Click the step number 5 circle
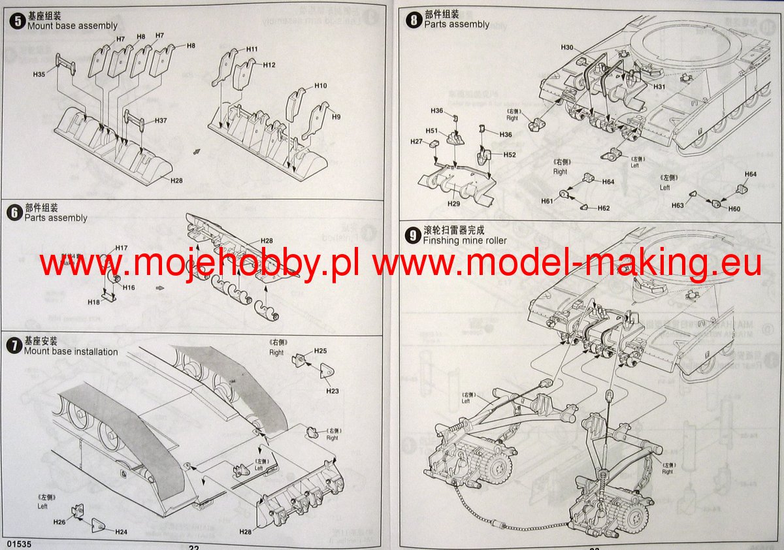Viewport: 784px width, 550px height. coord(16,21)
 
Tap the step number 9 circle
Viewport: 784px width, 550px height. coord(413,235)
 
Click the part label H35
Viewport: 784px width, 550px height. coord(39,75)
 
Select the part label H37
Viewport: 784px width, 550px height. coord(161,121)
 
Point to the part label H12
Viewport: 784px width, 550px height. coord(269,65)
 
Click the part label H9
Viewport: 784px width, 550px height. coord(336,116)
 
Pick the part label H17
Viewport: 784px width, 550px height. coord(121,248)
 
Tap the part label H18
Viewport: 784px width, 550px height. coord(94,302)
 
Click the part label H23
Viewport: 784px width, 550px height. coord(333,391)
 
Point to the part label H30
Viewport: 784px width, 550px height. coord(567,48)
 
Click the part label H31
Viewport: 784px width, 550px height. coord(659,87)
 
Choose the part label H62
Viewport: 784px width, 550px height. coord(603,208)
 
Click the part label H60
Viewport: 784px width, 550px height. coord(734,209)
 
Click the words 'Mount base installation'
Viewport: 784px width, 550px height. coord(71,351)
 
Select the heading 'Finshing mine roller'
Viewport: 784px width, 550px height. coord(465,240)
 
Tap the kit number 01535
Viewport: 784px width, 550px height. coord(16,543)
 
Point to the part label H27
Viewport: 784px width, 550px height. coord(416,142)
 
